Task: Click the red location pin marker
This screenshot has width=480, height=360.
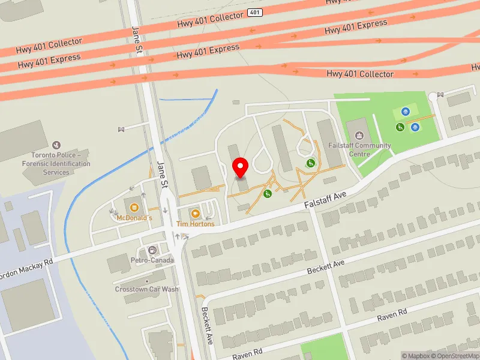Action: pyautogui.click(x=241, y=167)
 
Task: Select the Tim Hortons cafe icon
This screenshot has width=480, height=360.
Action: pyautogui.click(x=195, y=214)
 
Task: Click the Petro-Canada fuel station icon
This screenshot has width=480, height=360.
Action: pyautogui.click(x=152, y=250)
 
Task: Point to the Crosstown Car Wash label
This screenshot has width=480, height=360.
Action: pyautogui.click(x=146, y=289)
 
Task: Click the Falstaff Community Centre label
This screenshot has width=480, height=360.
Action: pyautogui.click(x=359, y=149)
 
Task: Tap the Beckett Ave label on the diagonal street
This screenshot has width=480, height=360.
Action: pyautogui.click(x=326, y=267)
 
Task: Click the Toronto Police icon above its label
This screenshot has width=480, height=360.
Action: pyautogui.click(x=57, y=145)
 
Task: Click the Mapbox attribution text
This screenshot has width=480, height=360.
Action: pyautogui.click(x=416, y=356)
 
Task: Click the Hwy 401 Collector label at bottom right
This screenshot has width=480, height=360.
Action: pyautogui.click(x=360, y=74)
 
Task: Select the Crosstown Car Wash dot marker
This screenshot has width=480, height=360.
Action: pyautogui.click(x=147, y=281)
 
